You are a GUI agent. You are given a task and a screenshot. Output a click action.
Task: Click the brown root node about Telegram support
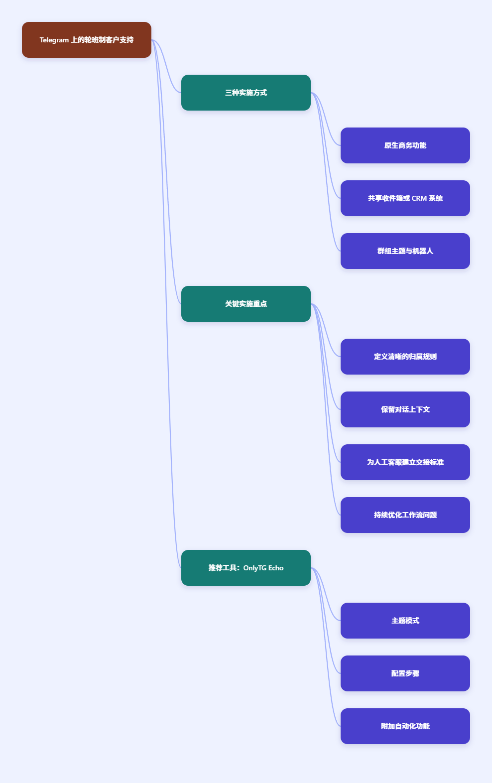point(87,40)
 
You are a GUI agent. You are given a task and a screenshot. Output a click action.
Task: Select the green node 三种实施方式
point(246,93)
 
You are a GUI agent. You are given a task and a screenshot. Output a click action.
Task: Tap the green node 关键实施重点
point(246,304)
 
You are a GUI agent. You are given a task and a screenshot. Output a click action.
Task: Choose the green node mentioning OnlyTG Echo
point(246,568)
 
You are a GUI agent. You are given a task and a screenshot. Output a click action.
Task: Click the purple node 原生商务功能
point(405,145)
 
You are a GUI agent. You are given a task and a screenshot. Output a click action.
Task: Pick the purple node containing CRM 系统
point(405,198)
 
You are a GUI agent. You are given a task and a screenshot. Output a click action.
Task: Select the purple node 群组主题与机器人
point(405,251)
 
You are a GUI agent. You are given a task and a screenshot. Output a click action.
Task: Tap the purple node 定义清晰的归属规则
point(405,357)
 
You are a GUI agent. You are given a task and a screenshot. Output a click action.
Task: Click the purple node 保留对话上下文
point(405,409)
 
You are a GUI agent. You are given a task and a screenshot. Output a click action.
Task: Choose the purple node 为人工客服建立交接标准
point(405,462)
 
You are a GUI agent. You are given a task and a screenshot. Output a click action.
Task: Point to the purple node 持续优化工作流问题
point(405,515)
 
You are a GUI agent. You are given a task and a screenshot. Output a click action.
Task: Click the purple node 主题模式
point(405,621)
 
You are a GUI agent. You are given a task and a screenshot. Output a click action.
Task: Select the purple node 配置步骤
point(405,673)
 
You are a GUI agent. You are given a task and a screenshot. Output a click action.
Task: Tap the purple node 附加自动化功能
point(405,726)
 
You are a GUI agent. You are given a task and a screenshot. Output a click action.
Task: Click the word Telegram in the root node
point(54,40)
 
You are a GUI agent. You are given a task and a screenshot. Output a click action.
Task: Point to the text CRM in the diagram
point(419,198)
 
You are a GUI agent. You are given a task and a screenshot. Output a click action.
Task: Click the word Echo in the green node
point(276,568)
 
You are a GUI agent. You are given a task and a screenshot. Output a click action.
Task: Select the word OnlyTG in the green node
point(255,568)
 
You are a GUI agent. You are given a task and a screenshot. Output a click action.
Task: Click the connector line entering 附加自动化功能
point(325,647)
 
